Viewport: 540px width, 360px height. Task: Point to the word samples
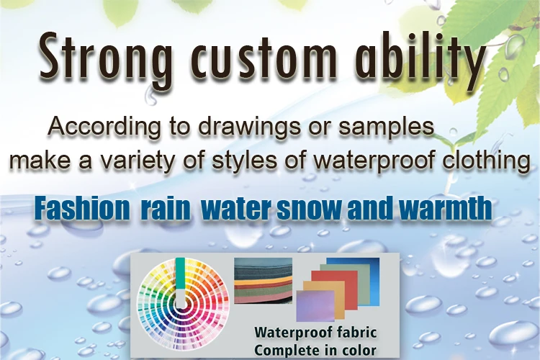coord(386,127)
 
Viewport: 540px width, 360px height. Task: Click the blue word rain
coord(166,208)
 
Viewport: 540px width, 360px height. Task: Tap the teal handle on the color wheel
coord(180,276)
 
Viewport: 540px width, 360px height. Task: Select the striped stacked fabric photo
coord(263,280)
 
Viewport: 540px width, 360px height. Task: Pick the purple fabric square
coord(315,306)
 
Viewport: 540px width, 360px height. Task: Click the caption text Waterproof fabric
coord(315,333)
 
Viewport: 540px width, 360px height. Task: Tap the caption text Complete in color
coord(315,351)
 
